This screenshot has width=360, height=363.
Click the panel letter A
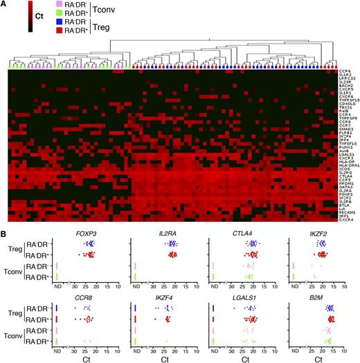(4, 4)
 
